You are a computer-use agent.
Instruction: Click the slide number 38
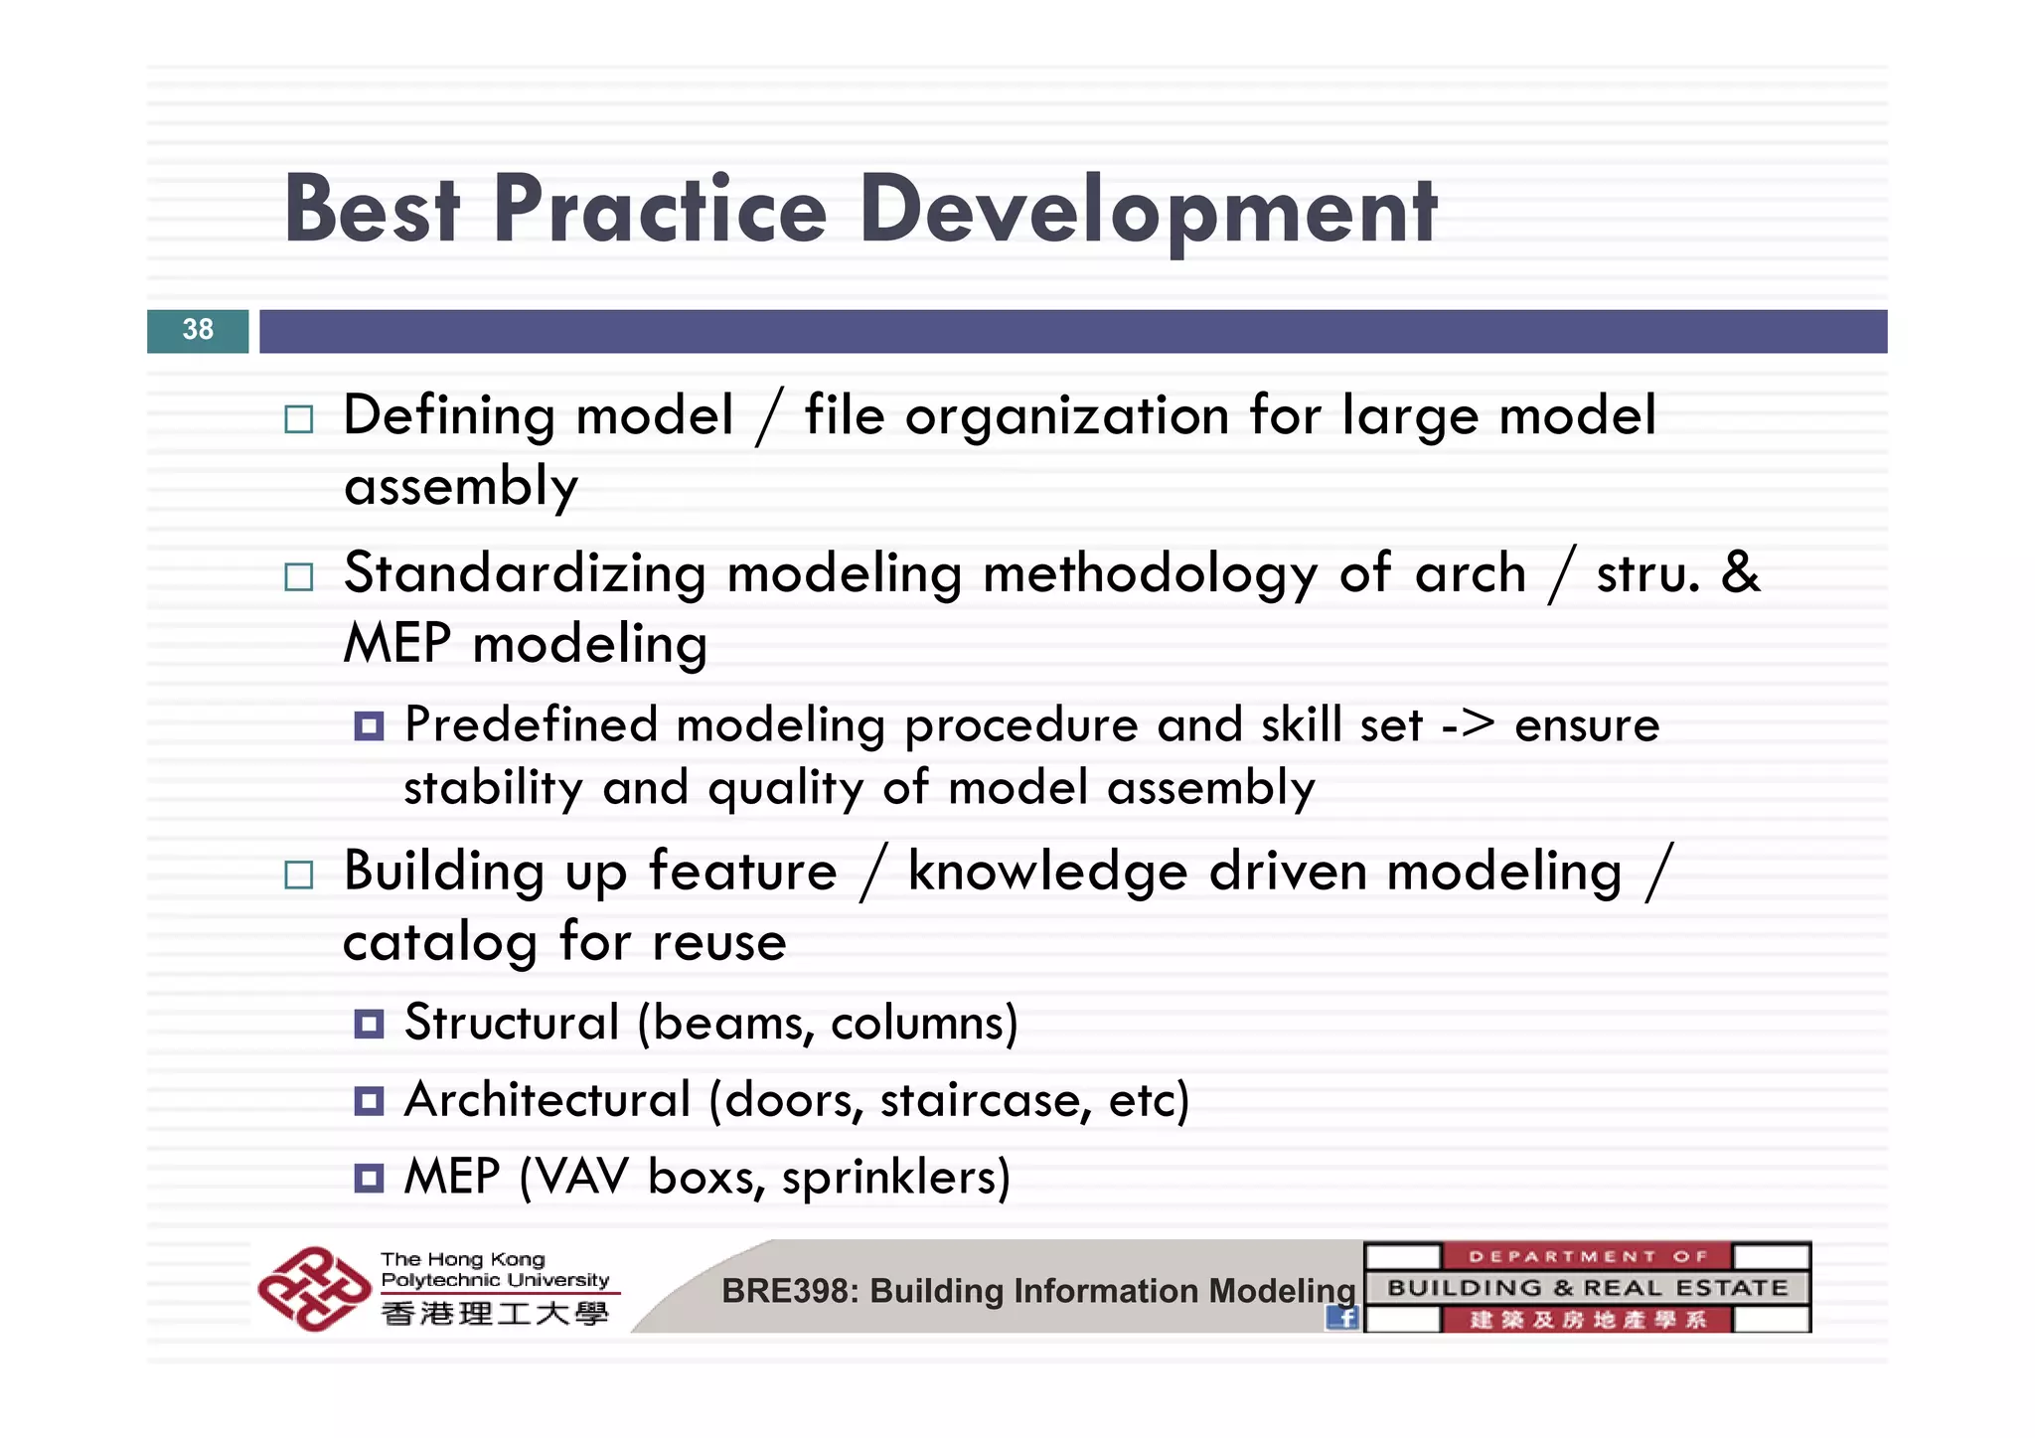198,330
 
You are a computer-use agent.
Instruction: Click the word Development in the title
1148,211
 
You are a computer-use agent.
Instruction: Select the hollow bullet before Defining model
298,419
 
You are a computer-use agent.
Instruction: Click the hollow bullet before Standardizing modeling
298,576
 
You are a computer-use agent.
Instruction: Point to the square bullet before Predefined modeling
369,726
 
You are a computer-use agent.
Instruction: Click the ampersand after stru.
1740,573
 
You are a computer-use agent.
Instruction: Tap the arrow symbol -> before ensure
1468,724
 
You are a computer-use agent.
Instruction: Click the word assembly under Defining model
460,487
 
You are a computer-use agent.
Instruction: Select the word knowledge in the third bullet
1047,872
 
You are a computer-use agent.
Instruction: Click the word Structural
512,1023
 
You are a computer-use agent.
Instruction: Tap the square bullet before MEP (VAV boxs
369,1179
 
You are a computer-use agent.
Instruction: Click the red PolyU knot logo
314,1288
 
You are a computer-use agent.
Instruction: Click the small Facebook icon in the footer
1342,1318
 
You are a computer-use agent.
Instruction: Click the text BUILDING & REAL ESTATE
1587,1288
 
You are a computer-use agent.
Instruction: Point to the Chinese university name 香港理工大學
494,1314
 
